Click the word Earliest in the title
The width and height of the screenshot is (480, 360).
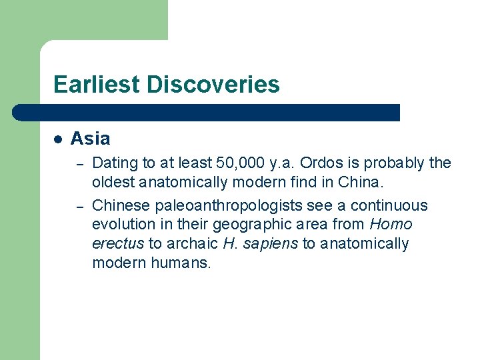pos(98,85)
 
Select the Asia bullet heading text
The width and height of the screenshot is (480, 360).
pos(90,139)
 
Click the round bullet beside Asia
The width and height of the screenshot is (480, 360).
pos(58,139)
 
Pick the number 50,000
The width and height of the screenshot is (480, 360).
pos(240,163)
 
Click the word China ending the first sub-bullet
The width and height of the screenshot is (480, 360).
pos(361,182)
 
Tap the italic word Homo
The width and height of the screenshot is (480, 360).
pos(394,225)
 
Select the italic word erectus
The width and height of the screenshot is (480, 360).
pos(118,244)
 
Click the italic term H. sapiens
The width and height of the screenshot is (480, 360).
pos(260,244)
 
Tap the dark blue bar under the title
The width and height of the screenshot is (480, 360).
pos(207,112)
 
